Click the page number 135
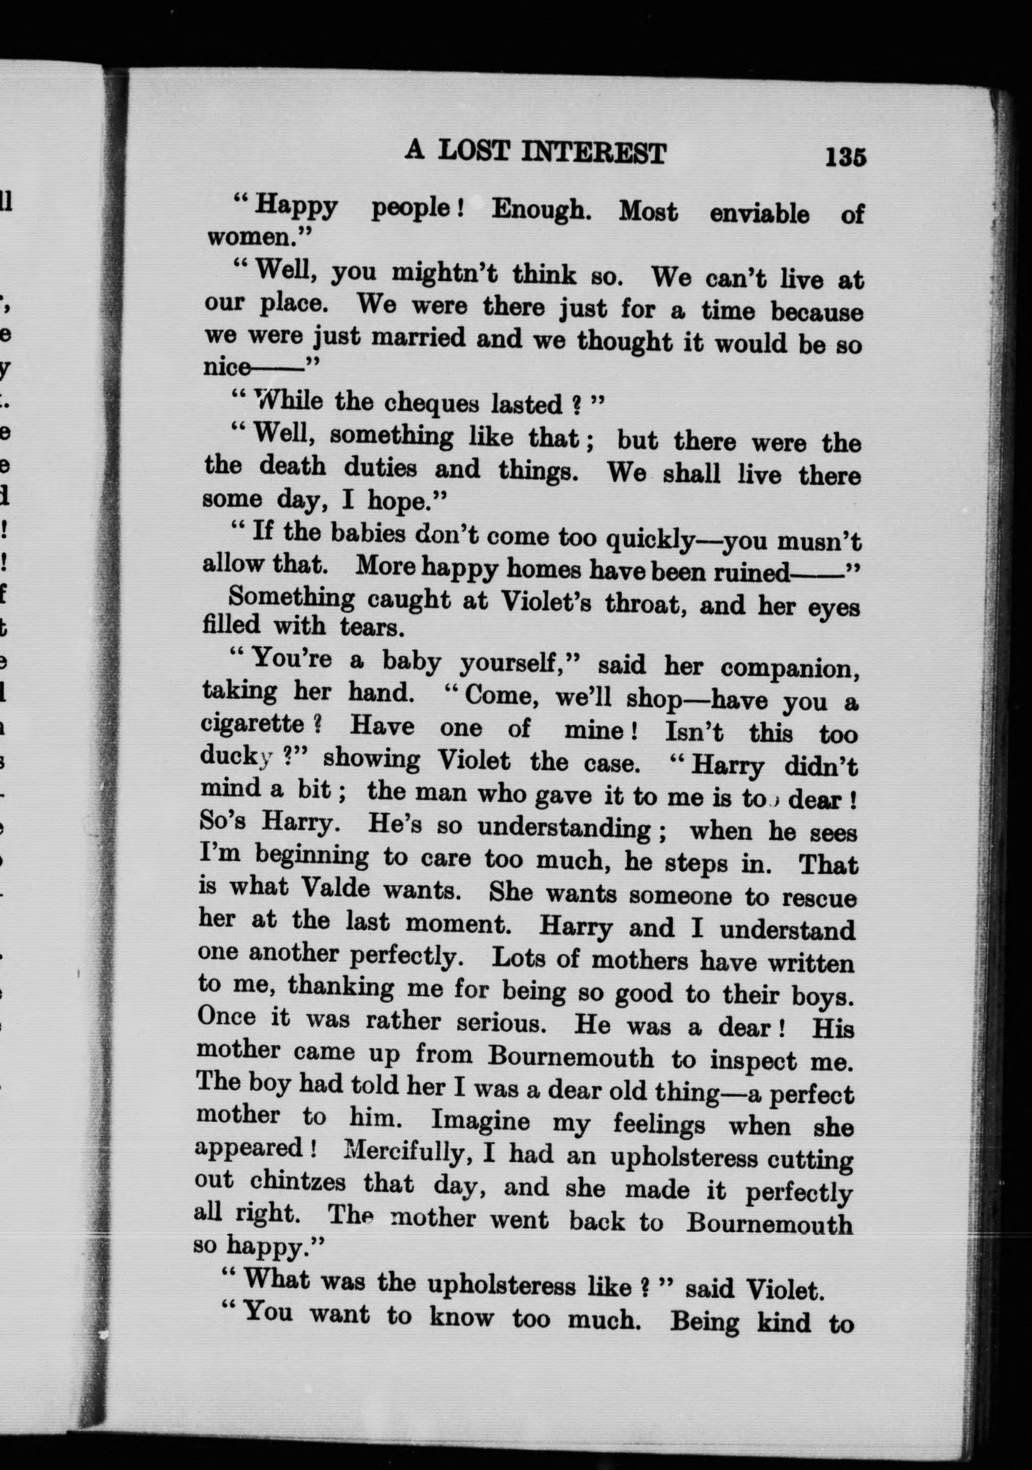point(846,157)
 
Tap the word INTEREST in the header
point(594,154)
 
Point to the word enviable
point(759,214)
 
